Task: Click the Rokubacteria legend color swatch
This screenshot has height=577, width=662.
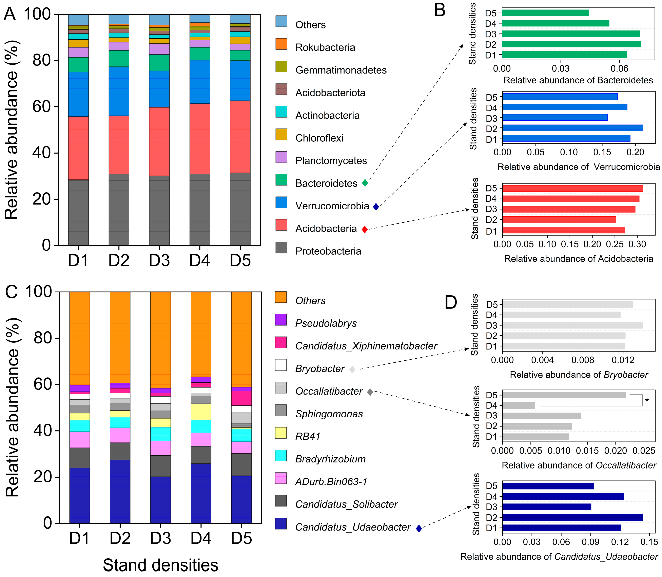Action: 281,44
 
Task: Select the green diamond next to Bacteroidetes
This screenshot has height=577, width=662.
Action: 365,183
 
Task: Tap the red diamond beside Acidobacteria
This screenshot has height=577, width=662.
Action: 365,229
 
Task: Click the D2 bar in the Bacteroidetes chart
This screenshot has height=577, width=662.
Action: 571,44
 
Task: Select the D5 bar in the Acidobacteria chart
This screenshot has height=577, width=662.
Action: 572,188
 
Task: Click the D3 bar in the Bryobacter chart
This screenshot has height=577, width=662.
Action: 572,325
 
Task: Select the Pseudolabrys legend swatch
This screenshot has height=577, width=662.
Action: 281,320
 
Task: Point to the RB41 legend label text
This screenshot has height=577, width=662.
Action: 308,436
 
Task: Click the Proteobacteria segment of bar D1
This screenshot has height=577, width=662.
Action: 78,213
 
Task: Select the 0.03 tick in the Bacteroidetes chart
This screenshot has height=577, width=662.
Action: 561,68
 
